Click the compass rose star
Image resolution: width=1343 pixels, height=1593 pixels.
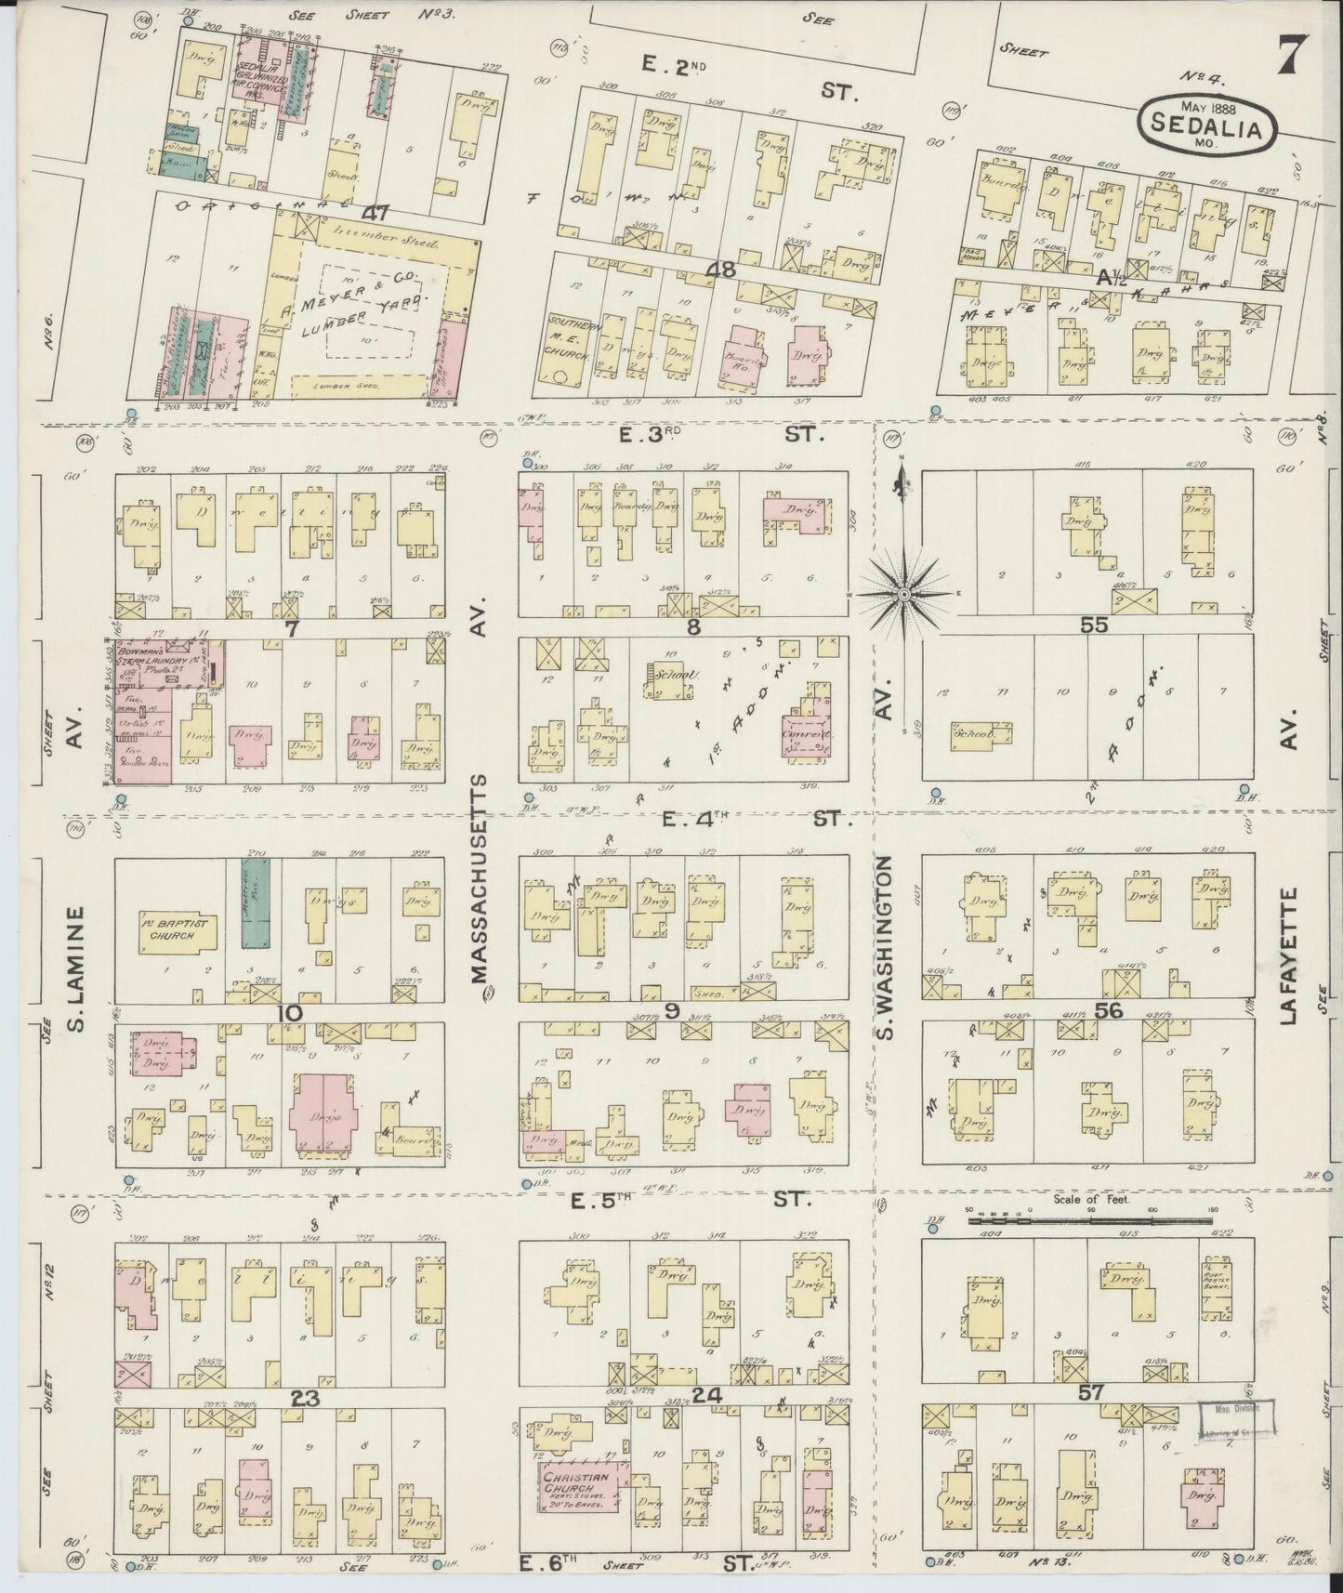903,593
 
